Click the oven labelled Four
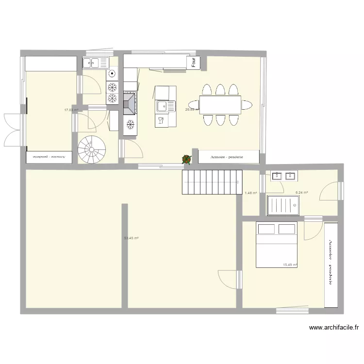(194, 62)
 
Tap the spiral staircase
(92, 149)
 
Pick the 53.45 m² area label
(132, 238)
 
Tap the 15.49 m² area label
(290, 265)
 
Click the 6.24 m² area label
(302, 193)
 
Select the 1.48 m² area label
(250, 193)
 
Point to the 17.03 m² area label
(71, 110)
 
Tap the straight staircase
(212, 182)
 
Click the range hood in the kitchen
(130, 103)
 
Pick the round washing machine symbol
(112, 74)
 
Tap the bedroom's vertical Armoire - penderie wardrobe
(331, 265)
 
